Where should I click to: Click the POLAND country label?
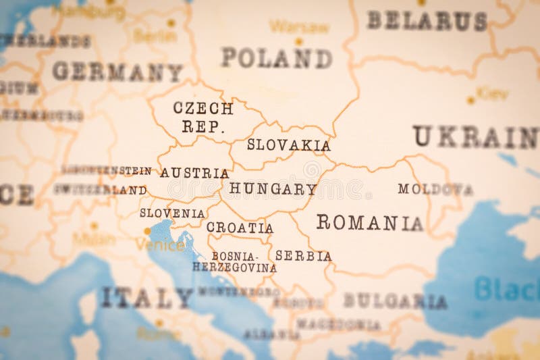point(277,58)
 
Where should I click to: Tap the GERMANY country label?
point(117,72)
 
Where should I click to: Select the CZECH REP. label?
point(203,117)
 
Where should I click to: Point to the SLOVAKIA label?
point(288,145)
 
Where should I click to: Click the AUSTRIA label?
point(194,173)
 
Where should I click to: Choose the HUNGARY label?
point(273,189)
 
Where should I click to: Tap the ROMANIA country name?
point(369,223)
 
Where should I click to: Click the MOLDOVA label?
point(435,189)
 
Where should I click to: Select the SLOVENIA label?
point(172,213)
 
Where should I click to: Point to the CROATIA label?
point(240,228)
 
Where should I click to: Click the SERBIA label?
point(303,256)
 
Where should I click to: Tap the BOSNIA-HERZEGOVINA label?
point(234,262)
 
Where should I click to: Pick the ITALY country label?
point(147,298)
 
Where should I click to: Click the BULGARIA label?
point(395,301)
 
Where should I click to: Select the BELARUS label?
point(427,21)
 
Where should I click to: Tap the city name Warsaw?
point(299,27)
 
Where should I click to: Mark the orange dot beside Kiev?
point(470,100)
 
